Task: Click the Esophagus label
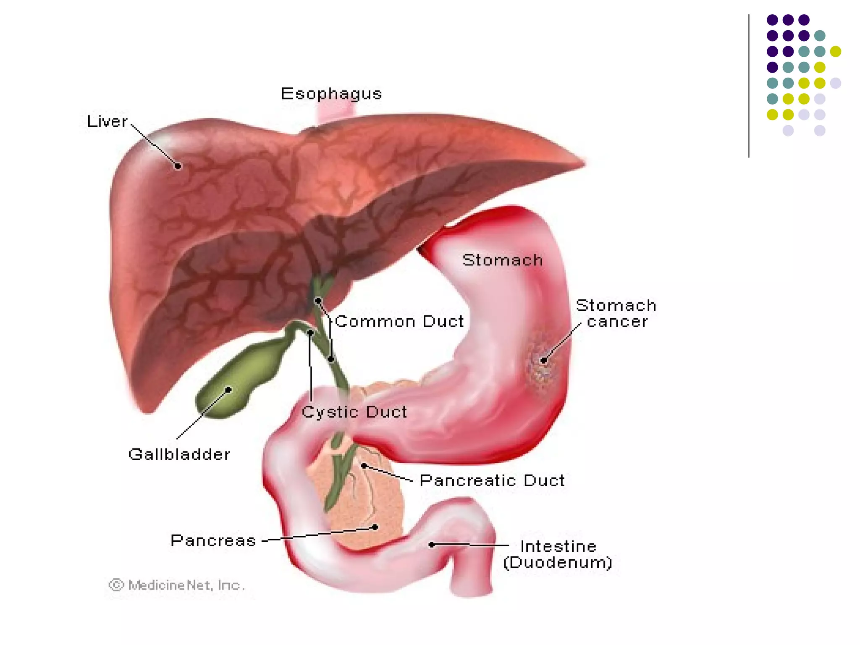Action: [x=331, y=94]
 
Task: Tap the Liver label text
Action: [x=107, y=121]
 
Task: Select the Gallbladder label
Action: [x=179, y=454]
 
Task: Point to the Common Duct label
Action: [x=399, y=322]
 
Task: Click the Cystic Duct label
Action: [x=354, y=412]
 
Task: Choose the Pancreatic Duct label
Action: [x=492, y=480]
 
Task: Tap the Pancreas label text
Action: [x=213, y=540]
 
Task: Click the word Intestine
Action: [x=558, y=546]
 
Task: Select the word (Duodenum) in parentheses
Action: [x=558, y=563]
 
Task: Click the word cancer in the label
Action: [x=617, y=322]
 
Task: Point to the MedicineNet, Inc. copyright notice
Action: [x=177, y=585]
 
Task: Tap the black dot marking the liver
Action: [x=178, y=166]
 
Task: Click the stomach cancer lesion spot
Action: [x=543, y=360]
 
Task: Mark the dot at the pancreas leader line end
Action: [x=375, y=527]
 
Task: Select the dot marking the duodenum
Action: [x=432, y=545]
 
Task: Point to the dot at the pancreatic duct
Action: [x=364, y=466]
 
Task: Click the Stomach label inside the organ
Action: [x=503, y=260]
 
